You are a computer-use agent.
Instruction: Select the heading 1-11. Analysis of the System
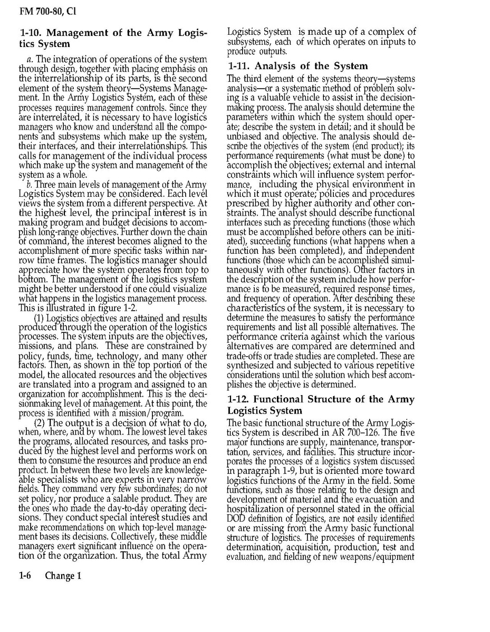coord(297,66)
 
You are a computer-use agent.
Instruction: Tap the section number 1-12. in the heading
coord(241,399)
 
